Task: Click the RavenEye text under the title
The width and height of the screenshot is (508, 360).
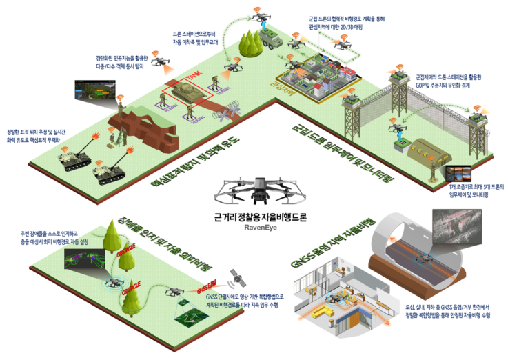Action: [x=254, y=223]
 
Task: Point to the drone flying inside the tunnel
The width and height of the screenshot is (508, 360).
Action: [x=422, y=261]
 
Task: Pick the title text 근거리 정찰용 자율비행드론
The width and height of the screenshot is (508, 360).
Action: [x=254, y=214]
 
